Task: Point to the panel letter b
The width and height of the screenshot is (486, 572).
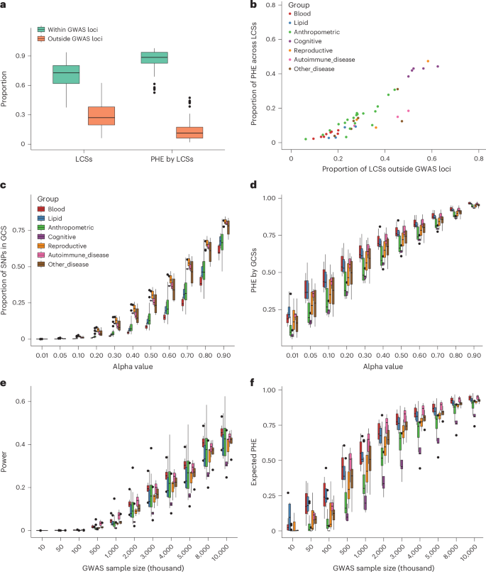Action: point(263,6)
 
